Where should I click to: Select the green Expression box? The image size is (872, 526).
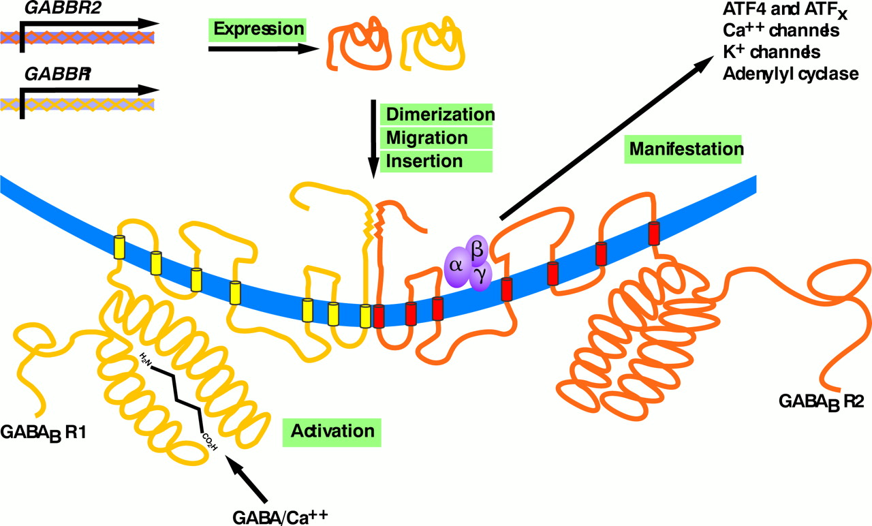pyautogui.click(x=258, y=29)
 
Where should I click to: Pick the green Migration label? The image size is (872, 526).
pyautogui.click(x=427, y=138)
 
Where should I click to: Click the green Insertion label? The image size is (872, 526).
pyautogui.click(x=424, y=161)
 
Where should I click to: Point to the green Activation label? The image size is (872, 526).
pyautogui.click(x=332, y=431)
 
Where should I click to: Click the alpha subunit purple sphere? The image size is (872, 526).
pyautogui.click(x=455, y=264)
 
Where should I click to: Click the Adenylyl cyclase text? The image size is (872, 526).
pyautogui.click(x=790, y=74)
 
